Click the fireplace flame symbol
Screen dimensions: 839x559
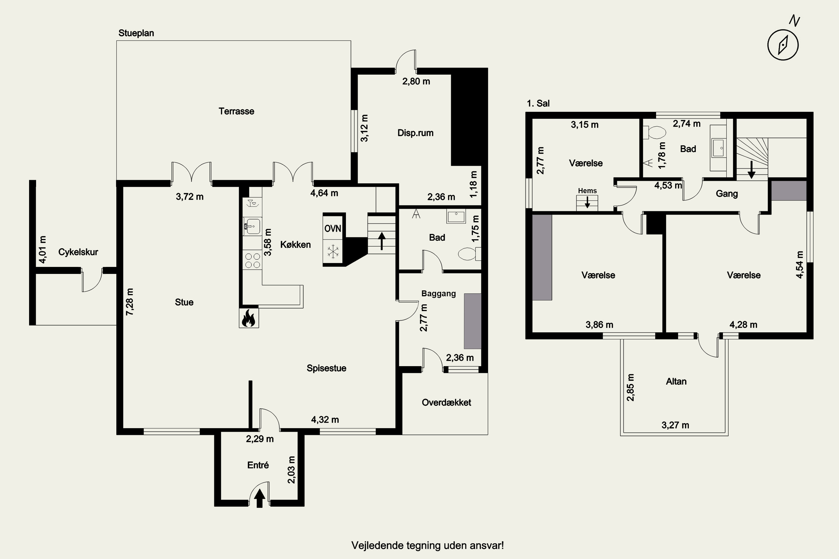point(249,318)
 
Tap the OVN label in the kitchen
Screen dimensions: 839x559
point(333,229)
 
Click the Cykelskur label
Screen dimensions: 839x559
point(78,252)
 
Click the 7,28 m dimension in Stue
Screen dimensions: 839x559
point(129,302)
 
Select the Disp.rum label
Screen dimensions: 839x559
point(415,133)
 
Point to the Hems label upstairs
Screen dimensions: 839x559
point(587,191)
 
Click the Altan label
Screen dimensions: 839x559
point(676,382)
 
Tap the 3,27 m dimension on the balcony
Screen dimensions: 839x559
point(675,425)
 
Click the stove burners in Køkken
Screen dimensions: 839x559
point(252,260)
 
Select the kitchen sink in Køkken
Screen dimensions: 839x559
point(252,226)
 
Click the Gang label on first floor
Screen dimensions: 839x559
point(727,194)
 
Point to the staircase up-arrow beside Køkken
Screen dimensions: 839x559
point(382,241)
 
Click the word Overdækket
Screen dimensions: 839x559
point(446,402)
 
